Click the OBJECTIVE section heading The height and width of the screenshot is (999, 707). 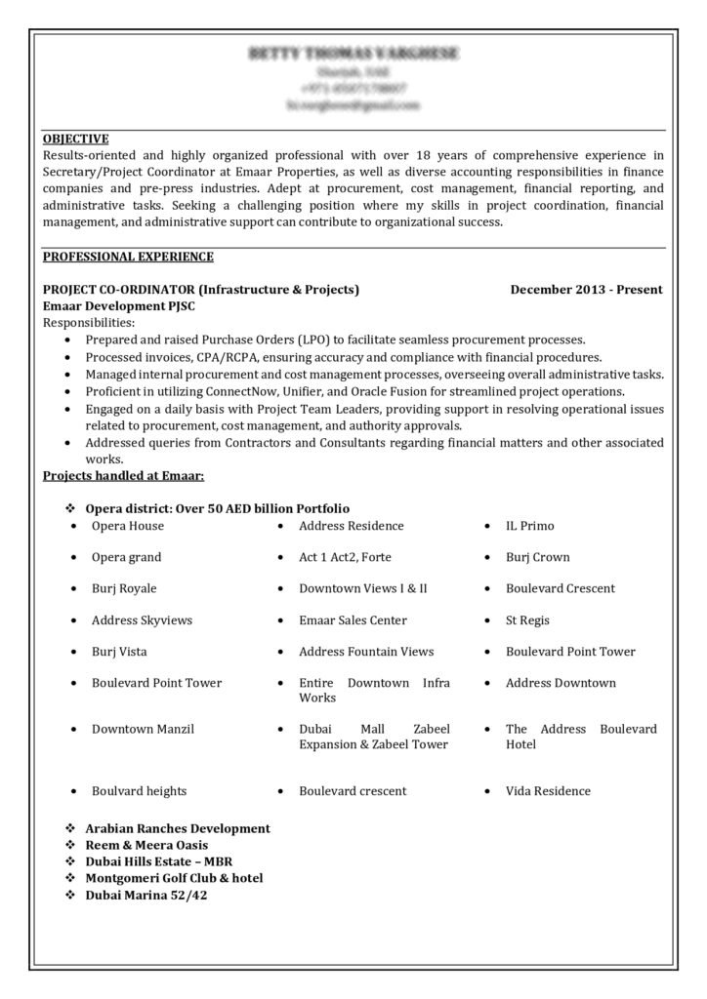pyautogui.click(x=75, y=139)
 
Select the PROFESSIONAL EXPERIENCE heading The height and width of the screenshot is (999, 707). pyautogui.click(x=128, y=257)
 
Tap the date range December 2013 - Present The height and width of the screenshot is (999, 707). pyautogui.click(x=586, y=289)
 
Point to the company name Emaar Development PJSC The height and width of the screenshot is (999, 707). pyautogui.click(x=114, y=305)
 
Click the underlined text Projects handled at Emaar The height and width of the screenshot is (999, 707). pyautogui.click(x=123, y=475)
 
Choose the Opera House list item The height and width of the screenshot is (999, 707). pyautogui.click(x=127, y=526)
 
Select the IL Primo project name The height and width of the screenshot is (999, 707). pyautogui.click(x=529, y=526)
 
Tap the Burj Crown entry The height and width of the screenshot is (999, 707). pyautogui.click(x=537, y=557)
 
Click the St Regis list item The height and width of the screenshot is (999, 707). pyautogui.click(x=527, y=619)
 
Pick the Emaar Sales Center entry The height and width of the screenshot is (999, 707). pyautogui.click(x=353, y=619)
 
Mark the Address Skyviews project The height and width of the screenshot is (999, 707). pyautogui.click(x=142, y=619)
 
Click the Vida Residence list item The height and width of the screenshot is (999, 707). pyautogui.click(x=548, y=790)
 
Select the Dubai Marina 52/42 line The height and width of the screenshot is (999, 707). pyautogui.click(x=146, y=894)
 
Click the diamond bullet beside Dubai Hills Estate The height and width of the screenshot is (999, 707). pyautogui.click(x=69, y=861)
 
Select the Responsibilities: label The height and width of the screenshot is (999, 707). pyautogui.click(x=90, y=322)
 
